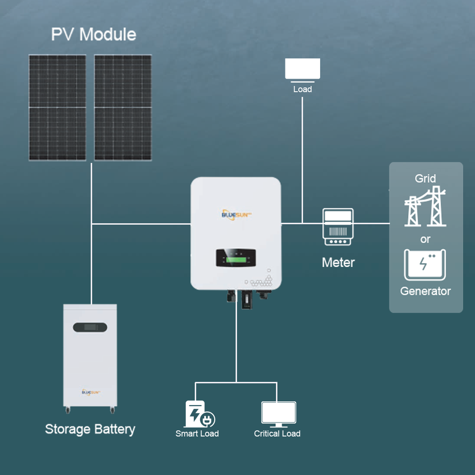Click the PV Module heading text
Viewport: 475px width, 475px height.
(x=94, y=34)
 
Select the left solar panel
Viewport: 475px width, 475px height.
(x=57, y=107)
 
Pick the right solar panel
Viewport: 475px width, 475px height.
(x=123, y=107)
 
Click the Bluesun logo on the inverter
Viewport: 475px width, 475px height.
(x=237, y=214)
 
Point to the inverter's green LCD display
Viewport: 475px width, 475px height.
(x=236, y=260)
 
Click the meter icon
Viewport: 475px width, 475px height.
(x=338, y=227)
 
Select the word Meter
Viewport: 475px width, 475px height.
(x=338, y=262)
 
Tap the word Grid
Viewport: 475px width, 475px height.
(x=426, y=179)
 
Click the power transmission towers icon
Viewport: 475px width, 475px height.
(x=426, y=207)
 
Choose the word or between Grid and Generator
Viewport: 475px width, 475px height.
(x=426, y=239)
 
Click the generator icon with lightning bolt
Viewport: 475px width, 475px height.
(x=425, y=265)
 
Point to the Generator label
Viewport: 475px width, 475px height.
(x=426, y=291)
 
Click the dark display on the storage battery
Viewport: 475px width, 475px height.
(x=90, y=327)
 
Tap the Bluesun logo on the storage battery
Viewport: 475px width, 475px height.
(x=91, y=392)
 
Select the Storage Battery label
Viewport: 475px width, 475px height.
(x=90, y=429)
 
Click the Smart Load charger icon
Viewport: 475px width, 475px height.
(x=199, y=414)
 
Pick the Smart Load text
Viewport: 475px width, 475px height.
(x=197, y=433)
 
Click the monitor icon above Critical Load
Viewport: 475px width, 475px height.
(x=279, y=414)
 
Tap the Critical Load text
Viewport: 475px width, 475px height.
(x=277, y=433)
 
